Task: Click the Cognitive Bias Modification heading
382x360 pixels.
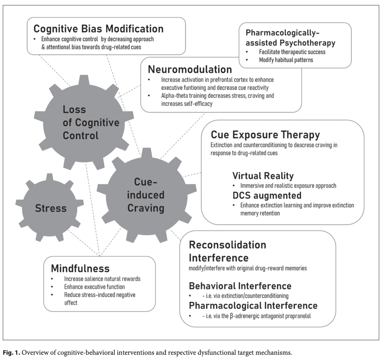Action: (x=98, y=29)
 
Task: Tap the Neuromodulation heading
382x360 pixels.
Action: (x=190, y=69)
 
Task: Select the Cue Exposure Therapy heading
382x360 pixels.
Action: (x=265, y=135)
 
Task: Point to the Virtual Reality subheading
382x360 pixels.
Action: (x=263, y=176)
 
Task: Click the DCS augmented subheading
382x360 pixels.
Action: (x=267, y=196)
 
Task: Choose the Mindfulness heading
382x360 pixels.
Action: (x=80, y=269)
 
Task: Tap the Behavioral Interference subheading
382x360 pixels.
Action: (x=240, y=286)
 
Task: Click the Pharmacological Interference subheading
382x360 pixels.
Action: (x=253, y=306)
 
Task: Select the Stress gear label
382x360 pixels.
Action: (x=51, y=208)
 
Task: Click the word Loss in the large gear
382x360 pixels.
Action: (x=74, y=109)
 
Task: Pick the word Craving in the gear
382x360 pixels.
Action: (x=146, y=208)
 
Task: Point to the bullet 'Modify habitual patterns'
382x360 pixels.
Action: (x=286, y=60)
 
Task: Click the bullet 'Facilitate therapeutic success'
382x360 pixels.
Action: (x=292, y=52)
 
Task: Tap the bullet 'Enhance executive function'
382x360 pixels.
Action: (x=94, y=287)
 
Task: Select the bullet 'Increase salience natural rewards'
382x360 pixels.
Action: (x=102, y=279)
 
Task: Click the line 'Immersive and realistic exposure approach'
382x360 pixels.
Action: (x=288, y=186)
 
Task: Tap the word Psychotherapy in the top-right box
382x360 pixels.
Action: (x=307, y=43)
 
